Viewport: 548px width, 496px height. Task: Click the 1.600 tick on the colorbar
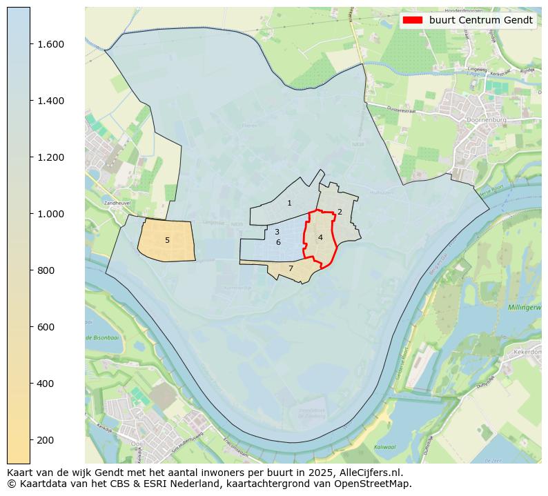pyautogui.click(x=50, y=44)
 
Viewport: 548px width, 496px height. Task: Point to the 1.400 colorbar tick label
pyautogui.click(x=50, y=101)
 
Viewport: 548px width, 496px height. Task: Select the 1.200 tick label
pyautogui.click(x=50, y=157)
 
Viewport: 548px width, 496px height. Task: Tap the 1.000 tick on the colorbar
pyautogui.click(x=50, y=214)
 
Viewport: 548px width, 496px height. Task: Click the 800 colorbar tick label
pyautogui.click(x=46, y=270)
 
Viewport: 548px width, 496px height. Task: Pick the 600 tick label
pyautogui.click(x=46, y=327)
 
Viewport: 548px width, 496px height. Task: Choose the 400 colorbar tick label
pyautogui.click(x=46, y=384)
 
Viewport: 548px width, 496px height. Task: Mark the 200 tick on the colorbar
pyautogui.click(x=46, y=440)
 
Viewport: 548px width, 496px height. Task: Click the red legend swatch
pyautogui.click(x=413, y=20)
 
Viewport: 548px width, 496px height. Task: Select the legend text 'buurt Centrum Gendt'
pyautogui.click(x=481, y=20)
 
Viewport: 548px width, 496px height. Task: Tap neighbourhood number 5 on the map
pyautogui.click(x=167, y=240)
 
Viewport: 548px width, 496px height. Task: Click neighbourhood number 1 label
pyautogui.click(x=289, y=203)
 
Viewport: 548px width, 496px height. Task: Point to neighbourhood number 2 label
pyautogui.click(x=340, y=212)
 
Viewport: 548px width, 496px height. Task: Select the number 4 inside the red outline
pyautogui.click(x=320, y=237)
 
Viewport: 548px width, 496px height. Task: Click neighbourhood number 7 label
pyautogui.click(x=291, y=268)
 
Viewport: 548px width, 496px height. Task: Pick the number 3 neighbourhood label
pyautogui.click(x=277, y=232)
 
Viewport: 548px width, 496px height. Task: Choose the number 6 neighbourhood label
pyautogui.click(x=278, y=242)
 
